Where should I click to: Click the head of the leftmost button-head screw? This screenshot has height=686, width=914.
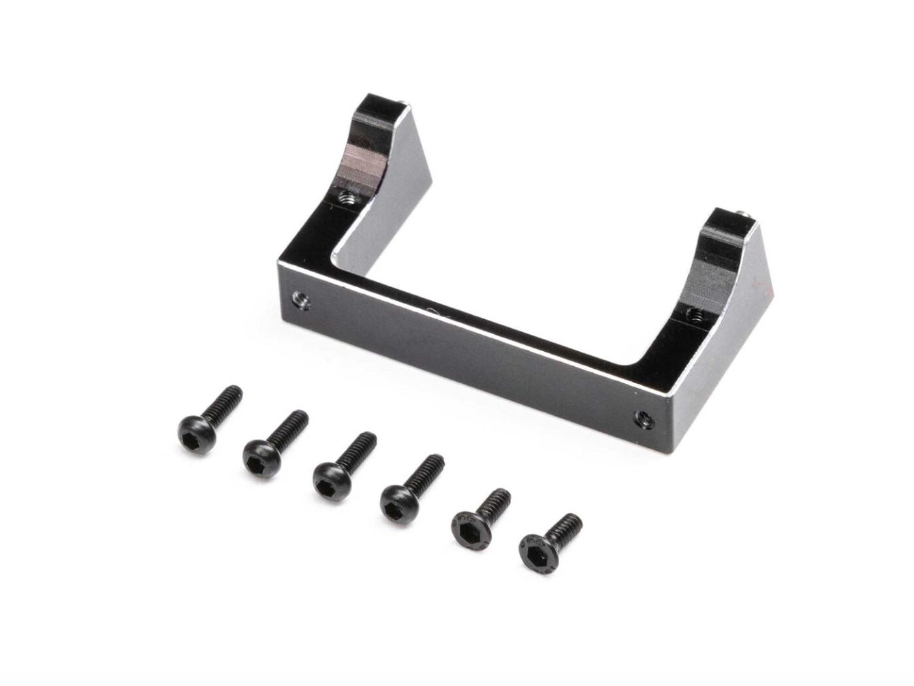(197, 433)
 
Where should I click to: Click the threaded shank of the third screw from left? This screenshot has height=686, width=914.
(360, 447)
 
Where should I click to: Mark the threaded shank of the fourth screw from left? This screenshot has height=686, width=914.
(427, 470)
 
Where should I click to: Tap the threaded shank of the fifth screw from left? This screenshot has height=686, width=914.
(496, 502)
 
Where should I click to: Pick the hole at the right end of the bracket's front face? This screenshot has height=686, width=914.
(643, 419)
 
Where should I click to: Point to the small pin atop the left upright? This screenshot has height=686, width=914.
(405, 105)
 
